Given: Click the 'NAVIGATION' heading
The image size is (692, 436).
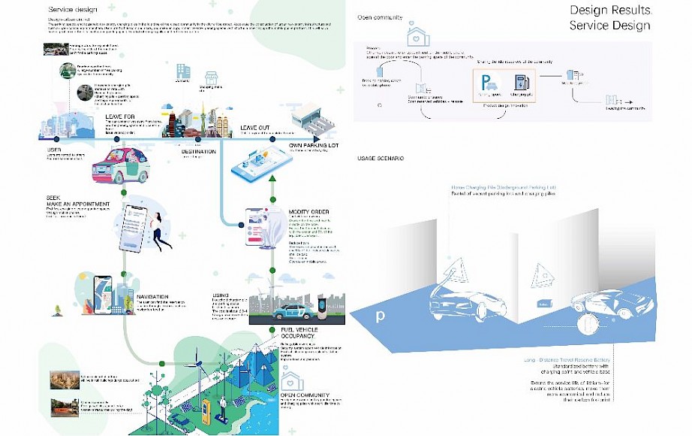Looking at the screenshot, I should (152, 298).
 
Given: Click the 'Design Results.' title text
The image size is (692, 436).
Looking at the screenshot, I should (609, 11).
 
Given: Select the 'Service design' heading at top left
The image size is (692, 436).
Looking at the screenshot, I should (71, 8).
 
